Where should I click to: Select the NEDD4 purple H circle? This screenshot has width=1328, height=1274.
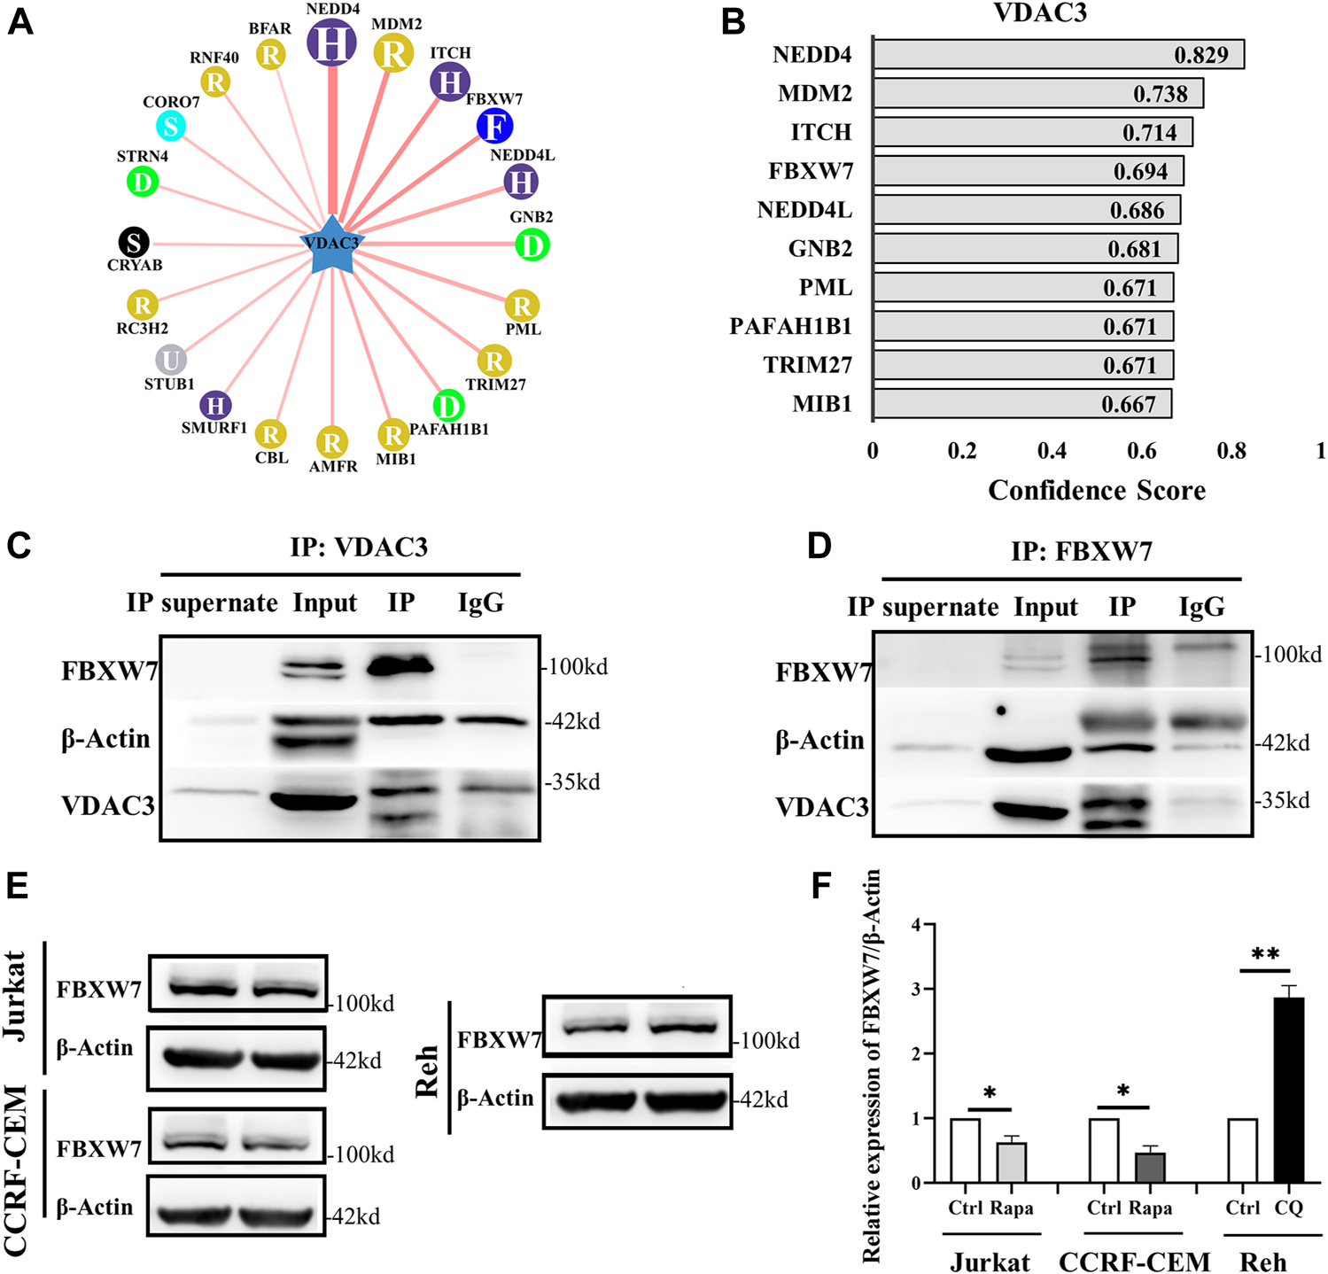(x=332, y=41)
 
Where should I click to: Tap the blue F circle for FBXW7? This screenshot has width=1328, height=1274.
(x=494, y=126)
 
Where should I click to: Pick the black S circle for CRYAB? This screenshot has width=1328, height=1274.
(x=134, y=241)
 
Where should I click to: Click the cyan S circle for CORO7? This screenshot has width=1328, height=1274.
(x=171, y=126)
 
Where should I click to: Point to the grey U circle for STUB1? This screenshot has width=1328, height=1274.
(x=171, y=361)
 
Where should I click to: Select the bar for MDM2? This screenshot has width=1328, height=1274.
(x=1037, y=93)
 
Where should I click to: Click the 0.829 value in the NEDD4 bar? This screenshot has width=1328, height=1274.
(x=1200, y=55)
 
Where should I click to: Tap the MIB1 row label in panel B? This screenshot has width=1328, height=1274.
(x=821, y=404)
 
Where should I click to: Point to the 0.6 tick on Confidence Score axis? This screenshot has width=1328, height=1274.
(x=1141, y=451)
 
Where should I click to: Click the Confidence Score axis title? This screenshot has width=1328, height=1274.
(x=1096, y=490)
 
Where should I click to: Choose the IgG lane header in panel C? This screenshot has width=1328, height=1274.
(x=480, y=603)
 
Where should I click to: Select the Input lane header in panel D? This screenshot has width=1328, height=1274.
(x=1045, y=608)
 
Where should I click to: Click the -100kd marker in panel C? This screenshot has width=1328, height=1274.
(x=576, y=666)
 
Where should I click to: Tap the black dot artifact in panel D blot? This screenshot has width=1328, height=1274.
(x=1001, y=711)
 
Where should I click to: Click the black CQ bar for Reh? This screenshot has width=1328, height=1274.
(x=1289, y=1090)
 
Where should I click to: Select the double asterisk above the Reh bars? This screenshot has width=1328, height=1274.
(x=1264, y=955)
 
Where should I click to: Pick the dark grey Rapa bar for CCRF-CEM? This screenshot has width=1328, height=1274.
(x=1150, y=1167)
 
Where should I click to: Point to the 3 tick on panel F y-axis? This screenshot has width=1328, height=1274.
(x=917, y=989)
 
